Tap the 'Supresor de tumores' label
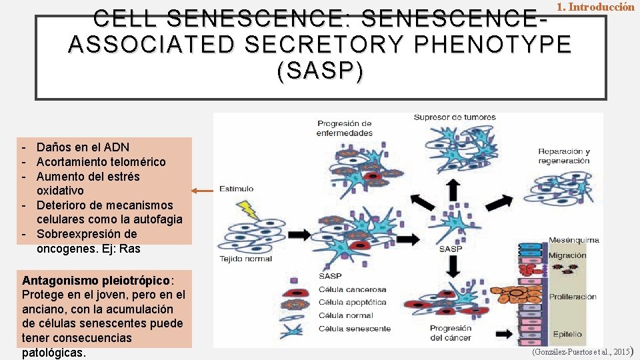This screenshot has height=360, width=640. point(455,118)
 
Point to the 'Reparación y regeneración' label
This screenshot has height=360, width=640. point(564,156)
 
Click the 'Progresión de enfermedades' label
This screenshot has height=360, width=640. point(345,128)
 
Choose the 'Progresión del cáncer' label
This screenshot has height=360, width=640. point(451,333)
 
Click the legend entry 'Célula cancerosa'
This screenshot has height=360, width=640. point(352,290)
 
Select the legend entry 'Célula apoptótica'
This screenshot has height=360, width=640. point(352,303)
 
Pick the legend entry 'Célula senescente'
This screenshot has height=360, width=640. point(355,329)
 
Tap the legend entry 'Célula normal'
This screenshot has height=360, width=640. point(345,315)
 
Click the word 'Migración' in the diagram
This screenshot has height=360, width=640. point(567,255)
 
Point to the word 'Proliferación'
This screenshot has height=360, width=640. point(572,297)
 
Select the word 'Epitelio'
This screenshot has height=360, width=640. point(567,334)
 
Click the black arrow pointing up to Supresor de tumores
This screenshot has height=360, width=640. point(453,190)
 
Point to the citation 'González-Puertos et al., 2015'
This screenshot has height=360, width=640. point(580,351)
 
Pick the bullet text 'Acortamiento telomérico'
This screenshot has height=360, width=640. point(101,162)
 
